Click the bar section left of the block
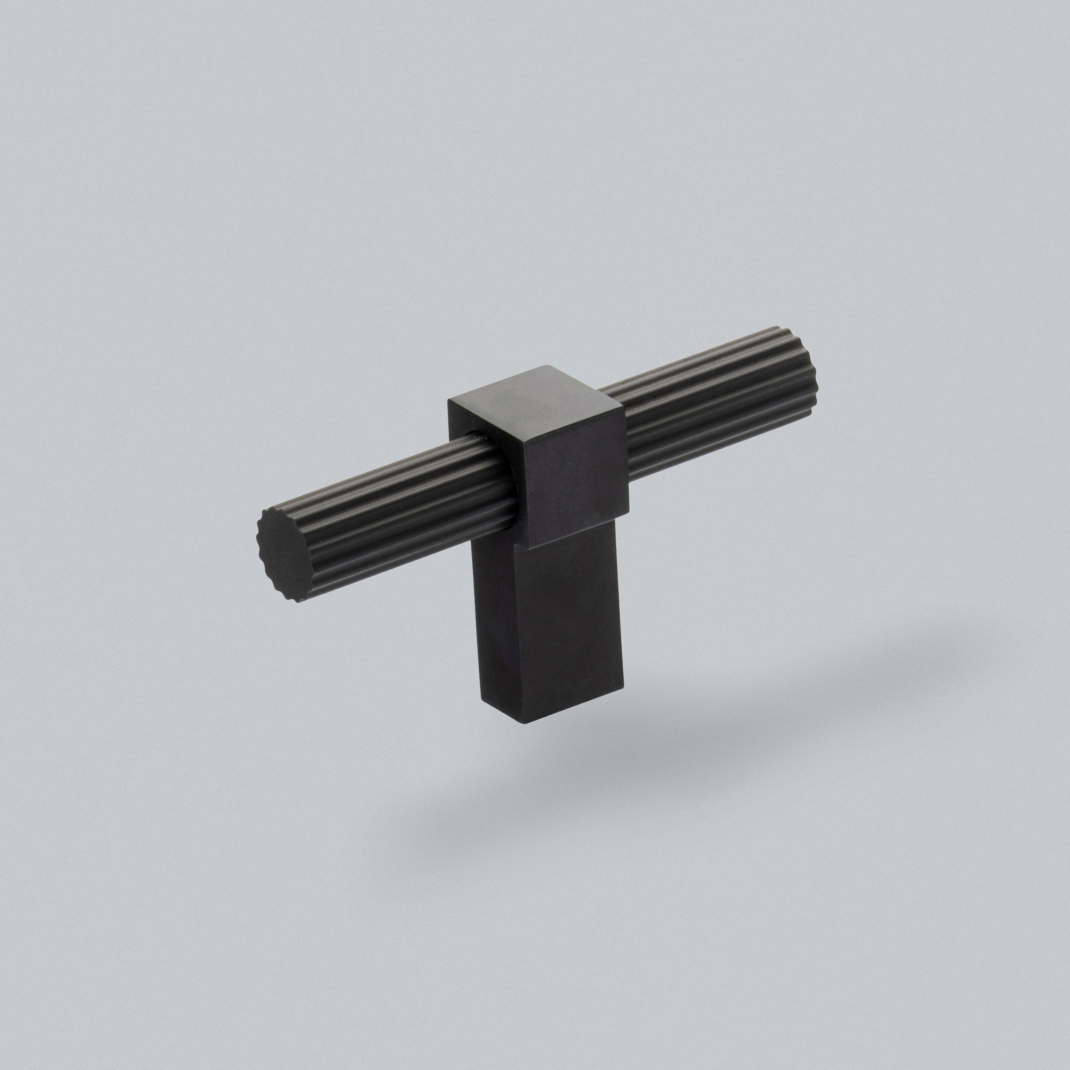tap(388, 510)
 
